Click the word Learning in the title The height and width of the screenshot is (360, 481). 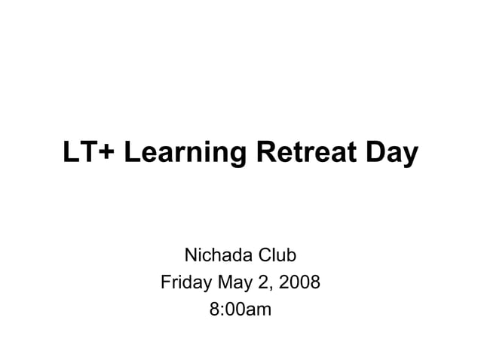pos(185,154)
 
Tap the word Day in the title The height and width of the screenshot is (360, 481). pos(388,154)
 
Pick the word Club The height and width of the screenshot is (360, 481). pos(278,256)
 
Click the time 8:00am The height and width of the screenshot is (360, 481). pos(240,309)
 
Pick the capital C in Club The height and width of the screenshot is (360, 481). pos(265,256)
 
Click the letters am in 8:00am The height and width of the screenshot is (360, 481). pos(259,310)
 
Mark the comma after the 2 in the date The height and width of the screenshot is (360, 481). pos(271,288)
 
